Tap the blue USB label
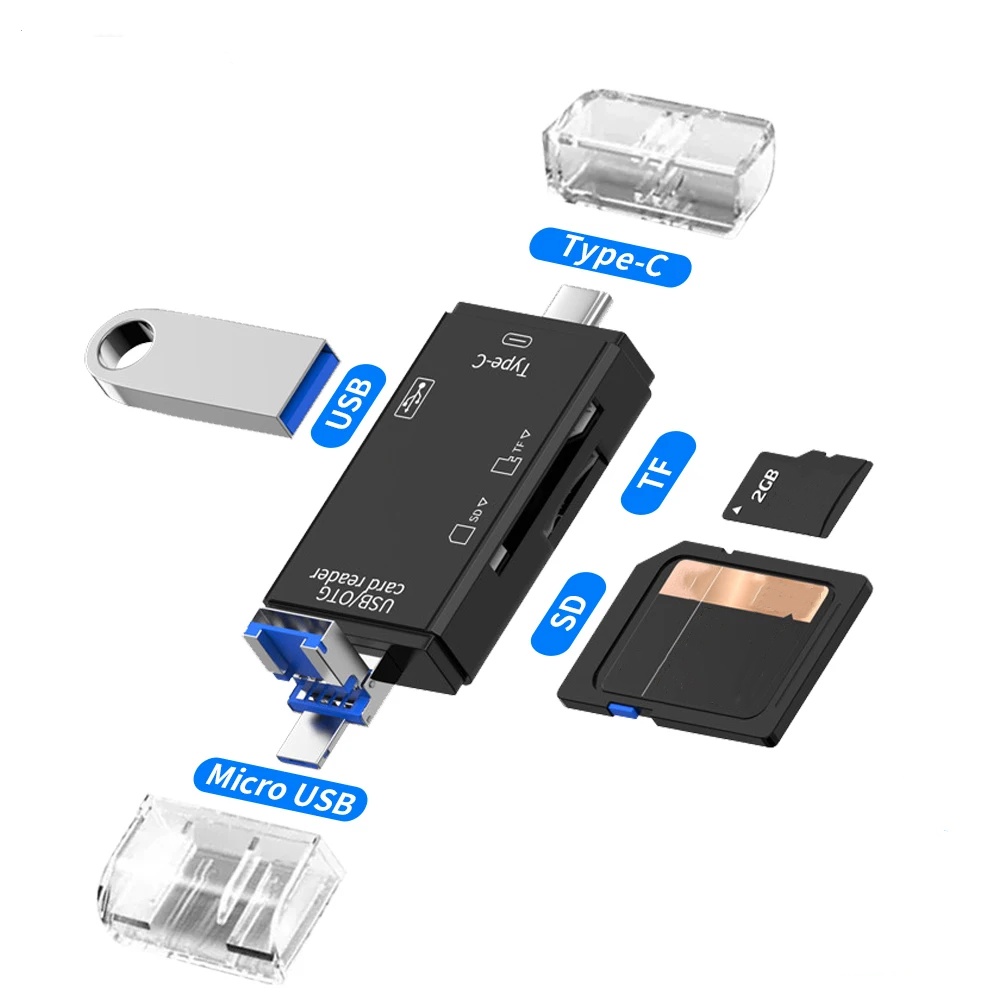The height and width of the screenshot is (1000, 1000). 348,406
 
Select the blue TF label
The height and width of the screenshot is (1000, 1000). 658,472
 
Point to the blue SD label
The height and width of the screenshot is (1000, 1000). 568,613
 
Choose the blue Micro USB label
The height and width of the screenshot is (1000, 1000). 280,788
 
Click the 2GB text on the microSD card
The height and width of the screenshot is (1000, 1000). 765,487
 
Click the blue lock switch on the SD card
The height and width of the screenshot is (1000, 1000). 616,709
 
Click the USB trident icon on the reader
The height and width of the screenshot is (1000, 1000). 415,399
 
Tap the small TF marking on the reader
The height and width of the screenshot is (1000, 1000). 511,452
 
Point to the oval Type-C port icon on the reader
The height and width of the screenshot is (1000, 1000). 517,341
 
